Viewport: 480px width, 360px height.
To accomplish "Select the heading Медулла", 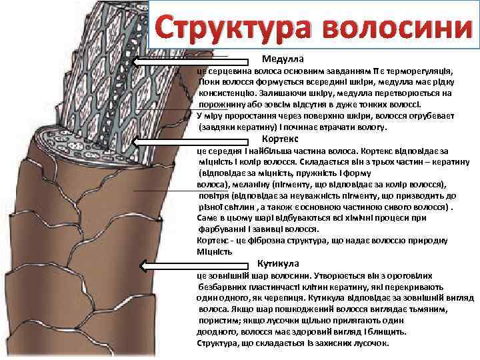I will (x=283, y=59).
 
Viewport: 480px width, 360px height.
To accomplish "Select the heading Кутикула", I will (x=278, y=263).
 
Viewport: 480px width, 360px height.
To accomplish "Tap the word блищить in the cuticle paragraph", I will (x=387, y=331).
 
